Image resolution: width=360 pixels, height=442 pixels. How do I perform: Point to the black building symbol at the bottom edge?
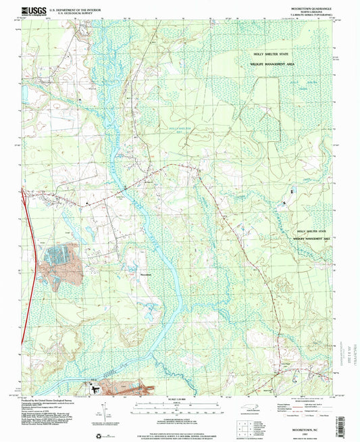coord(96,389)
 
